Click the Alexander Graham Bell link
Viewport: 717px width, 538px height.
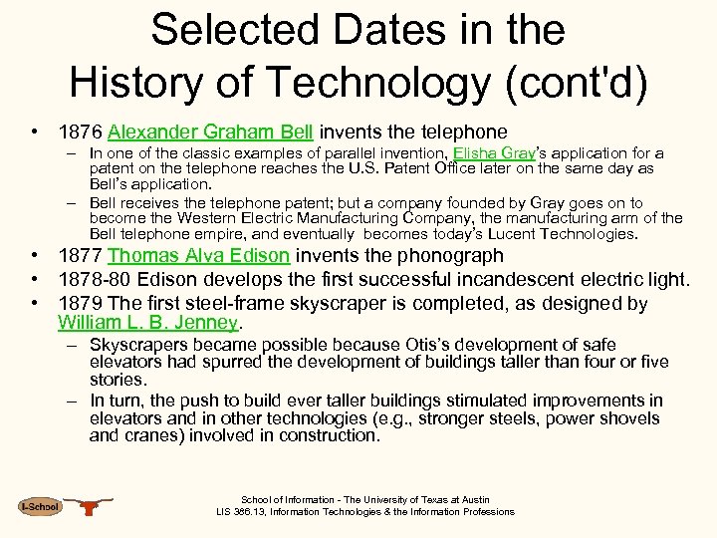coord(210,132)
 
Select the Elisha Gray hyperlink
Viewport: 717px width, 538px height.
coord(494,153)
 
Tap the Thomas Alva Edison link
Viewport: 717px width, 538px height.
coord(198,256)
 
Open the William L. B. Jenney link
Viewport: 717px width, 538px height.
coord(148,323)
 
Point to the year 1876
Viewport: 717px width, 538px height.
coord(80,132)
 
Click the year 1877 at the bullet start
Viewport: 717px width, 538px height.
coord(80,256)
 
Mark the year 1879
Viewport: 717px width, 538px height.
coord(80,303)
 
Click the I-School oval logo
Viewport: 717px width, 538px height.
coord(39,507)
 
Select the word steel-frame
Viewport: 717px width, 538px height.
coord(223,303)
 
